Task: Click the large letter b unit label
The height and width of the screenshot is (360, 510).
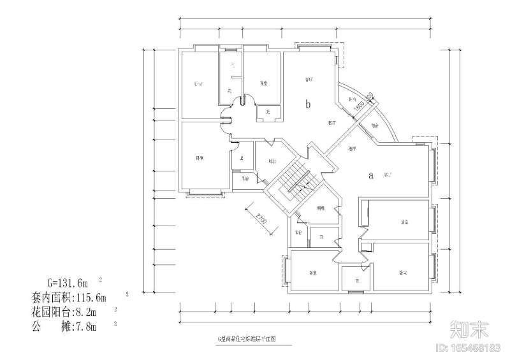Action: (x=308, y=104)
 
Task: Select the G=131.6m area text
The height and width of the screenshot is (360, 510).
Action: (x=67, y=281)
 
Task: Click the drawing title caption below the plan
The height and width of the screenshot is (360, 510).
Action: (x=245, y=340)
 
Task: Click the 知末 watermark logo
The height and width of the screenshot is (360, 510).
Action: (x=470, y=329)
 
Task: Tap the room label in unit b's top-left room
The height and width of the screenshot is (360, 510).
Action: (x=198, y=84)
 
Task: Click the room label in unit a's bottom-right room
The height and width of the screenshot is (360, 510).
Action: (x=404, y=273)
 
